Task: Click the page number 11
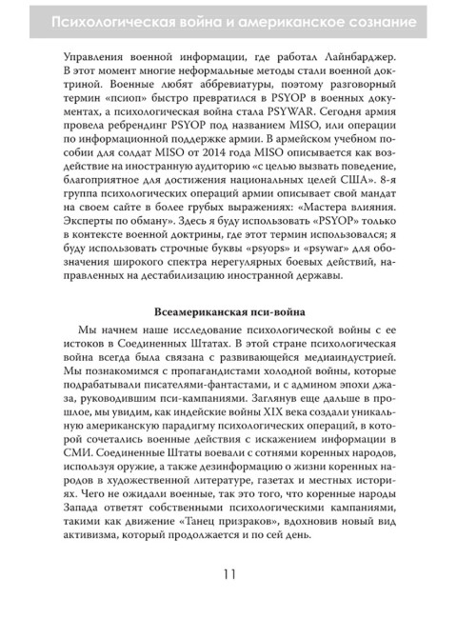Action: tap(228, 574)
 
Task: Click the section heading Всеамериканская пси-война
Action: tap(228, 309)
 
